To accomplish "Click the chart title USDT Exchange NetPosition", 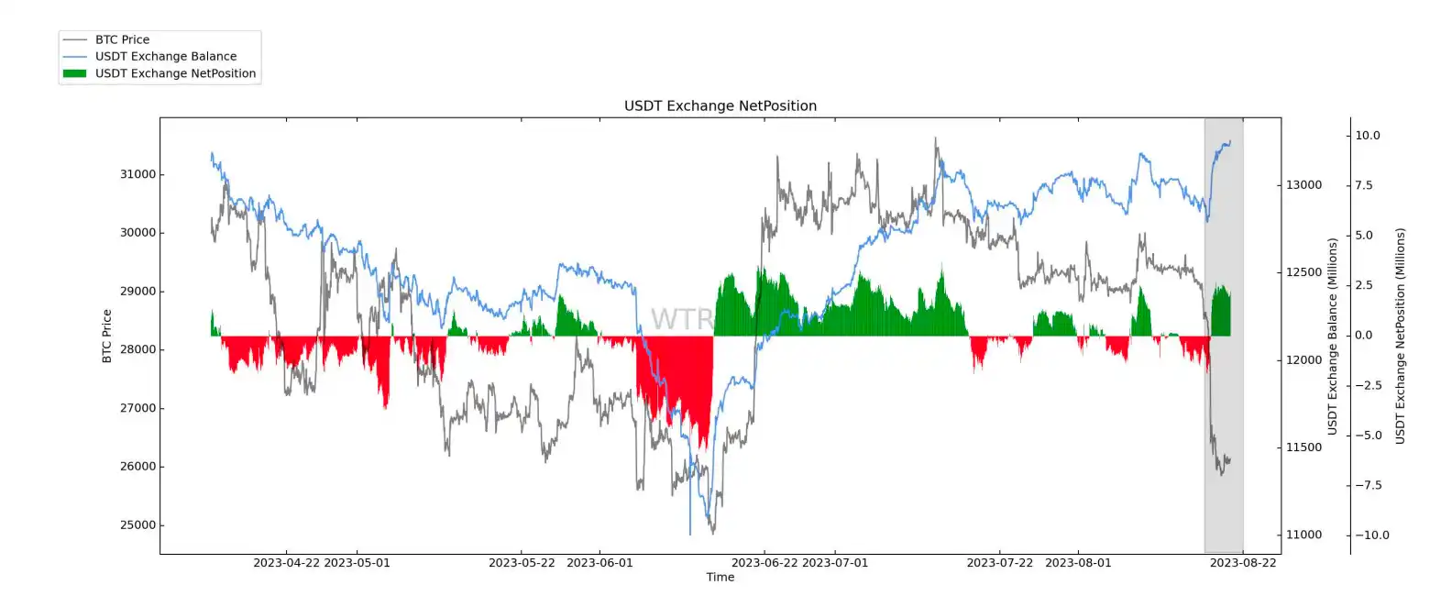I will click(x=720, y=105).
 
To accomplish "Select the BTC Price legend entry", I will click(x=122, y=39).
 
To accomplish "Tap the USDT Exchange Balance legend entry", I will click(x=165, y=56).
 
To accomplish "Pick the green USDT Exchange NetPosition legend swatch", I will click(x=74, y=73).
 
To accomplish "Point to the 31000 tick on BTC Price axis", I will click(x=138, y=174).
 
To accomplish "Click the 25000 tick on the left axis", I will click(x=138, y=525).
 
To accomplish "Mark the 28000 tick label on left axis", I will click(x=138, y=349).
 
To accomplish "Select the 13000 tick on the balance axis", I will click(x=1303, y=185).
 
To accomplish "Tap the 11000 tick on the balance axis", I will click(x=1303, y=535).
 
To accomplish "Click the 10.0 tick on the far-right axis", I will click(x=1368, y=136).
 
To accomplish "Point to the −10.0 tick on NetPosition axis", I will click(x=1371, y=535).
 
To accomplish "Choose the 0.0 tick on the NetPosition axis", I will click(x=1364, y=336).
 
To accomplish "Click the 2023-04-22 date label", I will click(x=286, y=563).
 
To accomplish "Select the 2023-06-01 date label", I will click(x=599, y=563).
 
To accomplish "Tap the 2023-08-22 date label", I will click(x=1242, y=563).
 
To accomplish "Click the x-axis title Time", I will click(x=720, y=577).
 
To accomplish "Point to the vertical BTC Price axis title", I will click(x=106, y=336).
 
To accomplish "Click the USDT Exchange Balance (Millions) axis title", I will click(x=1332, y=336).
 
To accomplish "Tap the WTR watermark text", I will click(x=681, y=319).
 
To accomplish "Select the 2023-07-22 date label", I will click(x=999, y=563).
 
